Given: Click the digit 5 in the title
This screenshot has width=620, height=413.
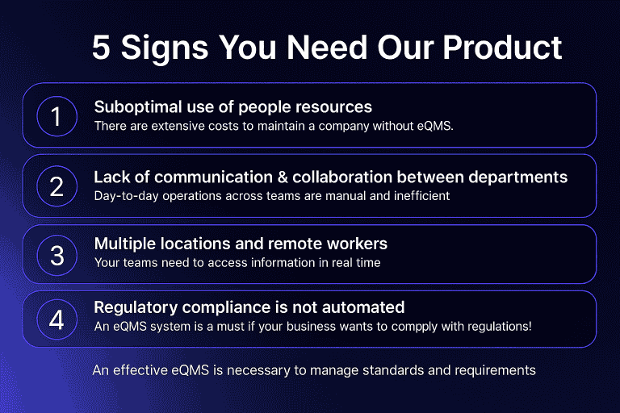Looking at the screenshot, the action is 101,48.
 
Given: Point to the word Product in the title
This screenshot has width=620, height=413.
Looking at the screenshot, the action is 502,48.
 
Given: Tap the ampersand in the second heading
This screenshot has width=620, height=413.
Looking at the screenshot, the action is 283,177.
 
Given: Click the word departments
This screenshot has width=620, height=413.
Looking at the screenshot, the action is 518,177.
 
